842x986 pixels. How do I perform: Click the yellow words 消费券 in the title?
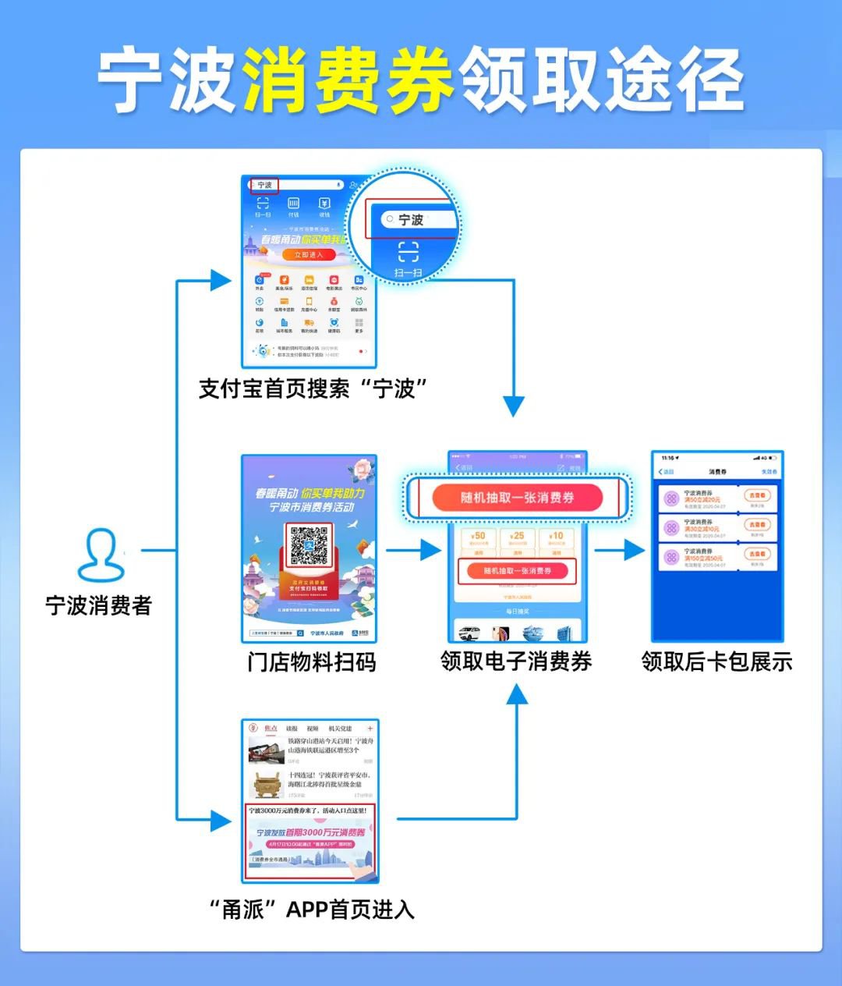pos(348,80)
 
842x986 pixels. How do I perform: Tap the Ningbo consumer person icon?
pos(101,555)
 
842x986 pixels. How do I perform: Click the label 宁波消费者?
pos(98,606)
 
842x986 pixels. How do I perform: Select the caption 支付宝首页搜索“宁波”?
pos(313,388)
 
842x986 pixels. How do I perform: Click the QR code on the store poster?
pos(309,547)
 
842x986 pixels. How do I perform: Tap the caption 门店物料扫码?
pos(311,662)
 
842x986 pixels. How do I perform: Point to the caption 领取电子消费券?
pos(516,661)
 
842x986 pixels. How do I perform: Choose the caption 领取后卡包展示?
pos(716,662)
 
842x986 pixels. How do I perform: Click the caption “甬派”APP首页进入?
pos(312,910)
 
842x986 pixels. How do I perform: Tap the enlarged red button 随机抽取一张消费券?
pos(518,498)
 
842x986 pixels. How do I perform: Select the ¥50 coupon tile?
pos(477,540)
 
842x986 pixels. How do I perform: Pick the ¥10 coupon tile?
pos(557,540)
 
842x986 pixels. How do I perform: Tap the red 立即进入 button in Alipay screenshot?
pos(309,255)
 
